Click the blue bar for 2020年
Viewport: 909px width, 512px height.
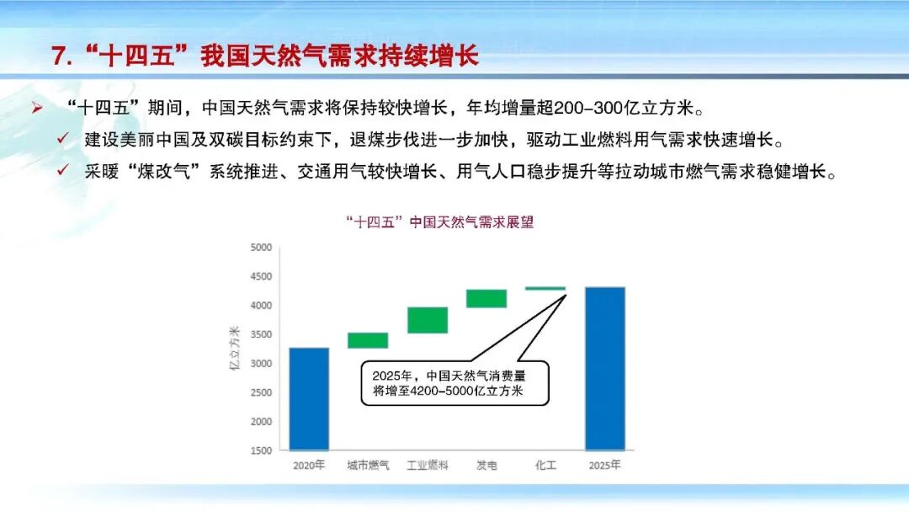coord(309,398)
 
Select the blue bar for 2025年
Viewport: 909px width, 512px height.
coord(605,368)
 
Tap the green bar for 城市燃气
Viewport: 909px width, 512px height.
coord(368,340)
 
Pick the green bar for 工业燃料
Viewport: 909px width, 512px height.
coord(428,320)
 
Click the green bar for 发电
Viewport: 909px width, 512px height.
coord(486,298)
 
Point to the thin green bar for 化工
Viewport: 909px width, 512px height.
coord(545,288)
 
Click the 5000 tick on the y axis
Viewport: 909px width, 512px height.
coord(261,248)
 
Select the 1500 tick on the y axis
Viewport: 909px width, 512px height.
coord(261,451)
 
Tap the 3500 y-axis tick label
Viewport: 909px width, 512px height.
coord(261,334)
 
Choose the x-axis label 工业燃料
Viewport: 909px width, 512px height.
coord(428,465)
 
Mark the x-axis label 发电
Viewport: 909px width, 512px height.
coord(486,465)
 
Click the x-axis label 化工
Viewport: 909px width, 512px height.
coord(545,465)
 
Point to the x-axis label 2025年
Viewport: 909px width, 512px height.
coord(605,465)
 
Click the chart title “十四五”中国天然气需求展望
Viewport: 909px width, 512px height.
coord(439,223)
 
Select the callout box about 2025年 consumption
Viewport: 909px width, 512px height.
coord(454,384)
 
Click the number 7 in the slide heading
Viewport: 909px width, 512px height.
coord(59,56)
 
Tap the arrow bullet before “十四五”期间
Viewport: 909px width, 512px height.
coord(37,109)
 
